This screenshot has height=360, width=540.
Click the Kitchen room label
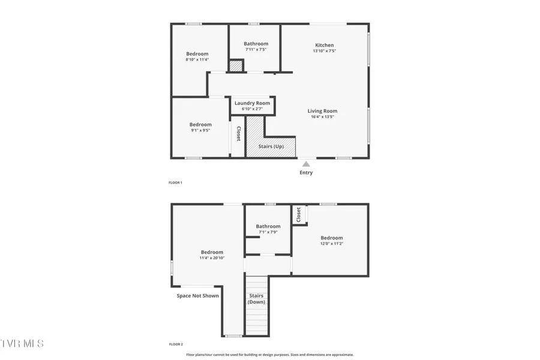[x=325, y=45]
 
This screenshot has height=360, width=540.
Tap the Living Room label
[x=322, y=111]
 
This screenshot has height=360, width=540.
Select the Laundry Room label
[x=252, y=103]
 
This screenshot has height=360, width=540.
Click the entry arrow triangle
[x=306, y=163]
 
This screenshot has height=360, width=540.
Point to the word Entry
[x=306, y=173]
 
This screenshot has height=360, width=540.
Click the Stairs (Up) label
[x=271, y=146]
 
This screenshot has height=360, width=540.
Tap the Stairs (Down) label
[x=256, y=299]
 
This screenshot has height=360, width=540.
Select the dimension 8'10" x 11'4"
[x=197, y=59]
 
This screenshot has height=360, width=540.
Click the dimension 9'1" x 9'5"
[x=200, y=130]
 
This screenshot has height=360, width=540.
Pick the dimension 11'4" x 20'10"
[x=212, y=258]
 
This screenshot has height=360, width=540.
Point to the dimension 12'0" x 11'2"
[x=331, y=244]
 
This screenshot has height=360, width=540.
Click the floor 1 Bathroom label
[x=256, y=44]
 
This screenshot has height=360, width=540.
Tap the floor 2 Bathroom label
[x=268, y=226]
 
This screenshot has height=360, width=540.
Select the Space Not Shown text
[x=197, y=296]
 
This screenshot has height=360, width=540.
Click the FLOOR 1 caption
[x=175, y=182]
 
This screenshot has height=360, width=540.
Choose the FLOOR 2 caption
[x=175, y=344]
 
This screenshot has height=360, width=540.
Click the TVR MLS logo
[x=22, y=343]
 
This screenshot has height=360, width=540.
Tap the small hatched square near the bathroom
[x=236, y=66]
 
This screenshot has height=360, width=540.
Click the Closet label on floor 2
[x=298, y=214]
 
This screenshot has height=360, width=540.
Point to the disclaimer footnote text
[x=269, y=355]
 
